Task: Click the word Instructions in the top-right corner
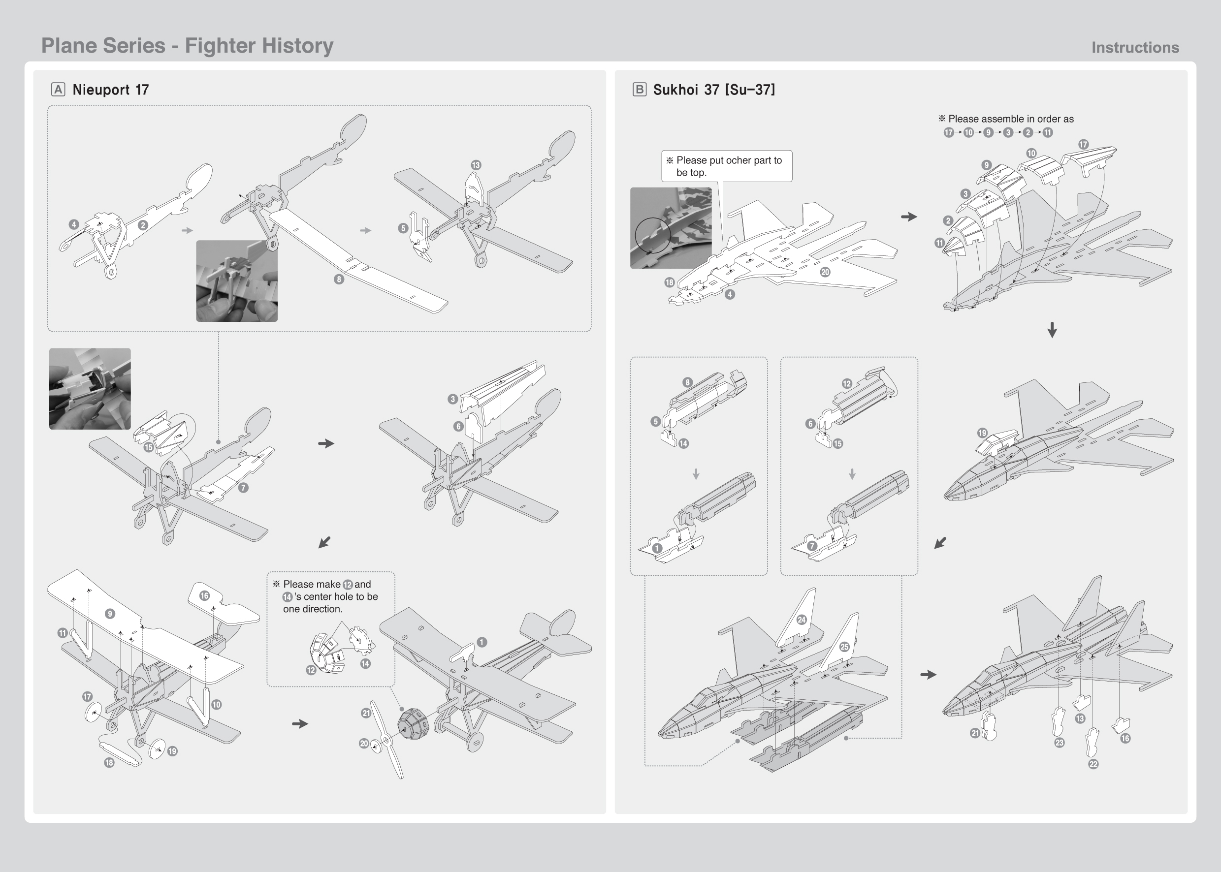pos(1135,48)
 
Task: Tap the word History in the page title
pos(296,46)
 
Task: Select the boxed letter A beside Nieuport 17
pos(58,89)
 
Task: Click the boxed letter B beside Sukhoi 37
pos(639,89)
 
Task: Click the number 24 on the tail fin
pos(802,620)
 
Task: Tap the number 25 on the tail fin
pos(844,647)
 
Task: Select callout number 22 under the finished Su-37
pos(1093,764)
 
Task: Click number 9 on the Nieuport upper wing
pos(110,614)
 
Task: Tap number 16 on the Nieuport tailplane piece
pos(204,595)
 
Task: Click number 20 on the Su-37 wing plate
pos(825,272)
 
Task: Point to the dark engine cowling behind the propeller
pos(413,723)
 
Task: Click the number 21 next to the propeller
pos(366,713)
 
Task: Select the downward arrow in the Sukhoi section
pos(1052,330)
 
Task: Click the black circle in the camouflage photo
pos(653,235)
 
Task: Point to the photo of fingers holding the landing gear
pos(237,281)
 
